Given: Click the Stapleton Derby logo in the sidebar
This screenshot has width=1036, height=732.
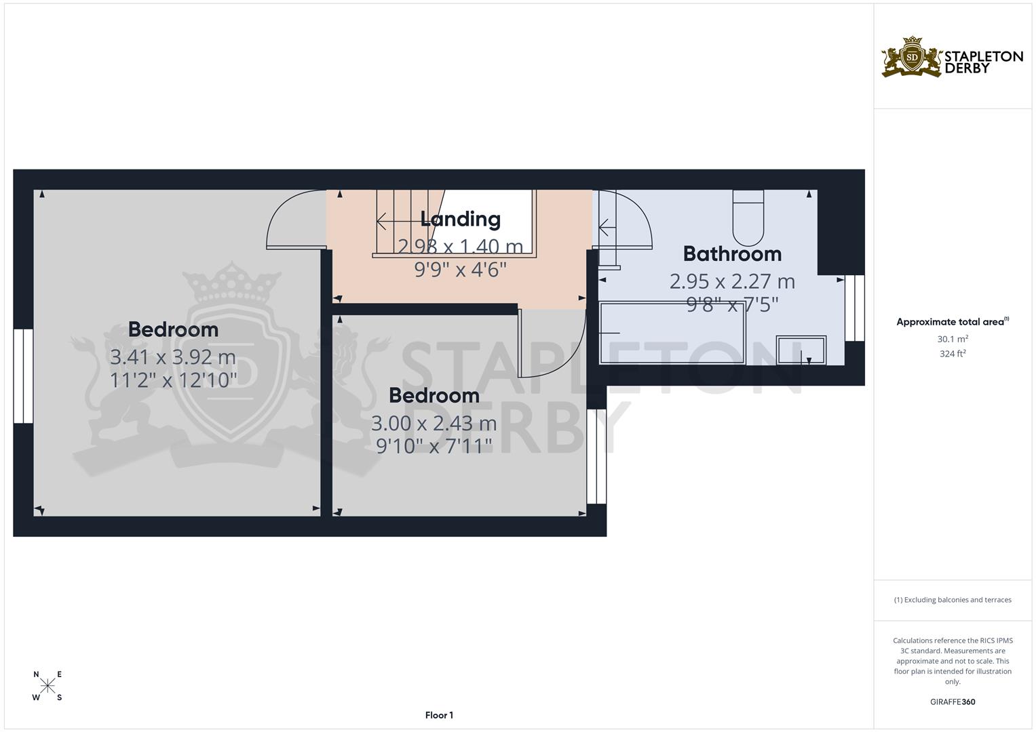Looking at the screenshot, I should (x=952, y=57).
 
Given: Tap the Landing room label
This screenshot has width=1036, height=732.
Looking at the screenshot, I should (x=460, y=219).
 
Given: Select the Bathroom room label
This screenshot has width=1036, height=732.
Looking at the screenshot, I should (x=732, y=253).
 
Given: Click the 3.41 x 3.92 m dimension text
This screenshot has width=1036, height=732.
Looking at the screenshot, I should (x=173, y=357).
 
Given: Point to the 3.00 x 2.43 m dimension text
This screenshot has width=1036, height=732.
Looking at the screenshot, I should (x=434, y=424).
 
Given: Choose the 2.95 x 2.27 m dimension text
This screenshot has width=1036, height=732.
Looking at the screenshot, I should (x=732, y=281).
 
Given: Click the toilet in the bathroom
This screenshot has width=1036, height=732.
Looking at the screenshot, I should (x=748, y=217).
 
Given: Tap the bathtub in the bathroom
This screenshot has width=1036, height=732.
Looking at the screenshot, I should (x=672, y=333).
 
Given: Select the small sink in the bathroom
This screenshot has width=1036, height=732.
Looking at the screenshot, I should (x=801, y=350).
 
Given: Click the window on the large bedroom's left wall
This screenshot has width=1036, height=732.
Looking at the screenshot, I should (x=24, y=376).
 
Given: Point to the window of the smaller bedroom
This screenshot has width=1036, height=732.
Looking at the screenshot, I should (x=596, y=456).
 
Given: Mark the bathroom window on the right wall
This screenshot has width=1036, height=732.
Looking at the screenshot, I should (x=855, y=308).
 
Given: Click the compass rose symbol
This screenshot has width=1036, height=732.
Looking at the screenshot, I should (x=47, y=686).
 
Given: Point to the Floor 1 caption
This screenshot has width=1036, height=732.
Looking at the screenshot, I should (x=439, y=715).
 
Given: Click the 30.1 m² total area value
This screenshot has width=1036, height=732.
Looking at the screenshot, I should (x=953, y=339).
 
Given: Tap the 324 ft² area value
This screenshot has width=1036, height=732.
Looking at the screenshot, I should (x=953, y=353).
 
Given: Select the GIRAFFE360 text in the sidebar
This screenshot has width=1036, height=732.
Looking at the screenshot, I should (x=953, y=701).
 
